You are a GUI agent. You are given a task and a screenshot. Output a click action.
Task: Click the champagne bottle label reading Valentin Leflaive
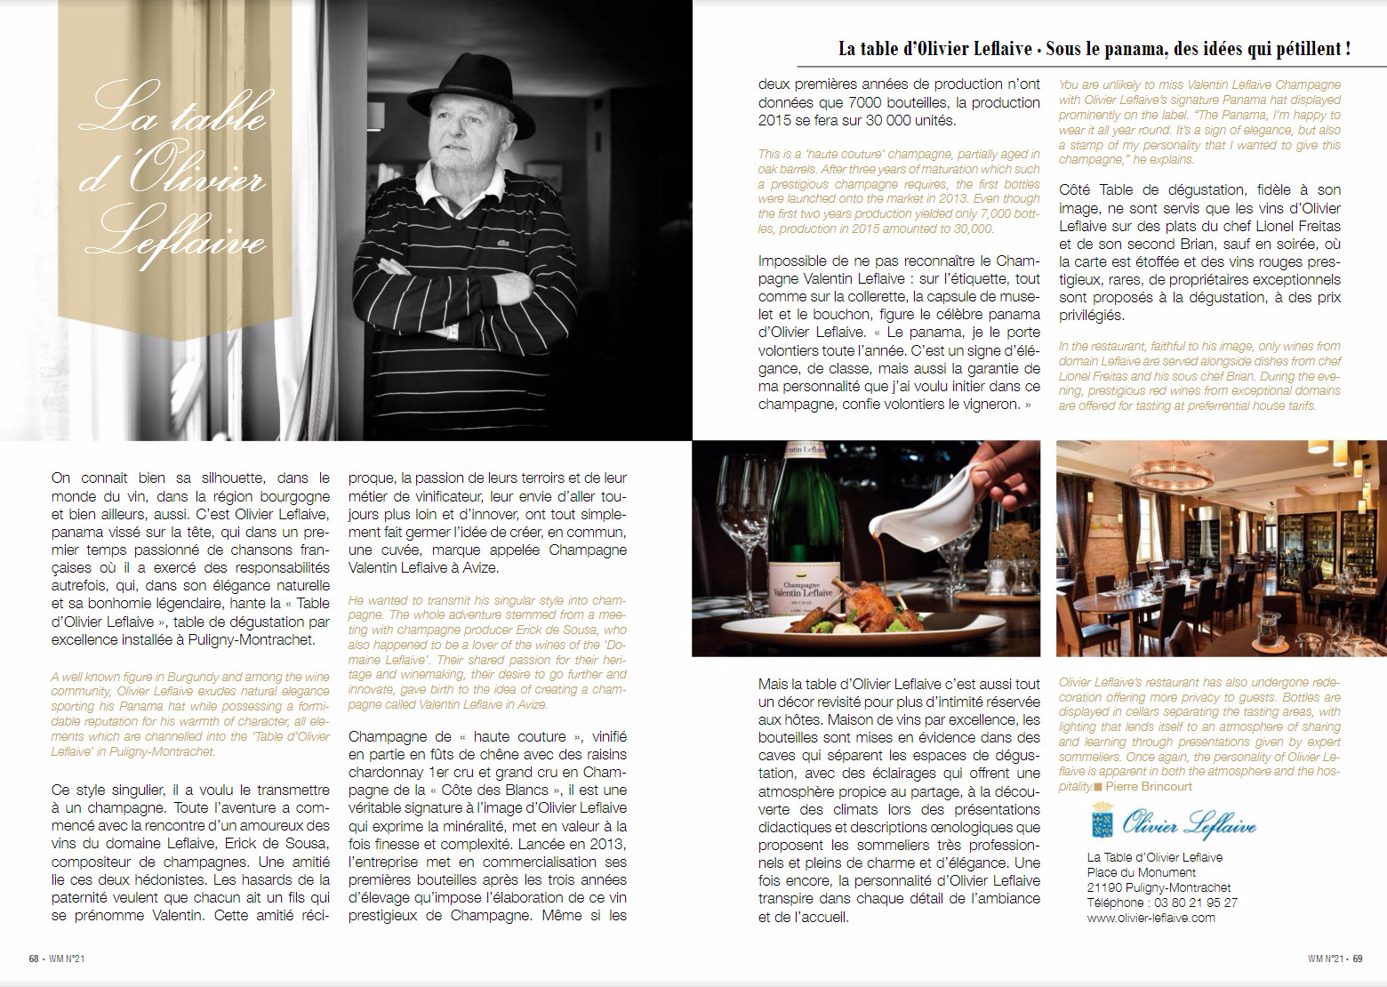(x=803, y=590)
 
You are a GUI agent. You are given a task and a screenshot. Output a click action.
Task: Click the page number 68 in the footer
(x=34, y=959)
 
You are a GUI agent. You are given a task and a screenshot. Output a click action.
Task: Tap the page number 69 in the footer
(x=1358, y=959)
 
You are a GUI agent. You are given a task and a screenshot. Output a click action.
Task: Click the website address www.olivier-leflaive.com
(x=1150, y=918)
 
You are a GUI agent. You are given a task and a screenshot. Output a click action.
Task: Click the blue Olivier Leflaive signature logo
(x=1189, y=823)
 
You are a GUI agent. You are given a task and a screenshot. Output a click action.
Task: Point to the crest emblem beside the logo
(x=1102, y=820)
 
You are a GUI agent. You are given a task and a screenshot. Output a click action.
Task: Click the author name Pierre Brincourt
(x=1149, y=787)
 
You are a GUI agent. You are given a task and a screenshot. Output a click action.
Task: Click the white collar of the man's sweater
(x=462, y=182)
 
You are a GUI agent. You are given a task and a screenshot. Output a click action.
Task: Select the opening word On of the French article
(x=60, y=478)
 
